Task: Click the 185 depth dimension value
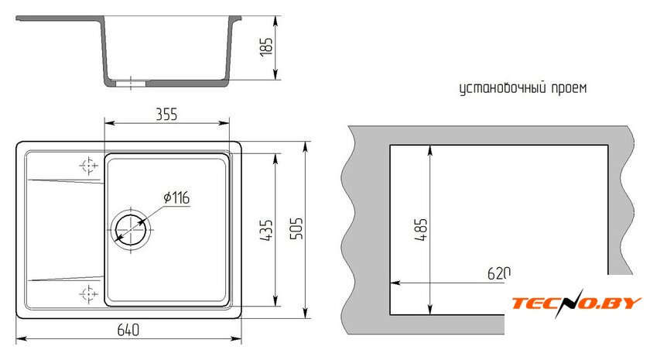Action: tap(266, 46)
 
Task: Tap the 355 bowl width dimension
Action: tap(166, 114)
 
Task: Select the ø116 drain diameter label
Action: tap(176, 197)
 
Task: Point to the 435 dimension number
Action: tap(266, 230)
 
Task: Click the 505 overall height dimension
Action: tap(296, 228)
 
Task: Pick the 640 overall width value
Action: tap(128, 330)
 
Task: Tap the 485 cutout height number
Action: tap(420, 229)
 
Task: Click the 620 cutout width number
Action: tap(498, 273)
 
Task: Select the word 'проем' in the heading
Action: tap(569, 88)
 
